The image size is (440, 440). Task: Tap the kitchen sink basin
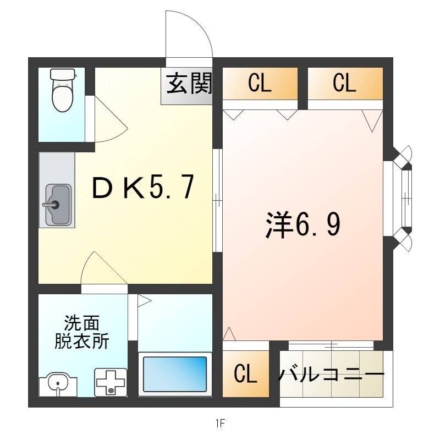pos(58,205)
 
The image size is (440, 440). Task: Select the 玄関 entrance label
pos(189,84)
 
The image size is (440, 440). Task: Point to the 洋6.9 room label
pos(303,224)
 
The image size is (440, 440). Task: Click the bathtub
pos(175,374)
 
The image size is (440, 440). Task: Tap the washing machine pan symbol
pos(111,382)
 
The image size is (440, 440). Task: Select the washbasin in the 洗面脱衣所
pos(58,384)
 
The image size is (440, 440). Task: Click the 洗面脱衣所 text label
pos(81,333)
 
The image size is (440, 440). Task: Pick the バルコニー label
pos(331,375)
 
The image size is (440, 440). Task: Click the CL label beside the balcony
pos(245,373)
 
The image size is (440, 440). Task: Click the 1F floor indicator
pos(221,423)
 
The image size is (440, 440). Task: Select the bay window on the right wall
pos(402,199)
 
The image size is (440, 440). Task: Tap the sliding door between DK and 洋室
pos(217,200)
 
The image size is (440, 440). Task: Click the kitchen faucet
pos(51,205)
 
